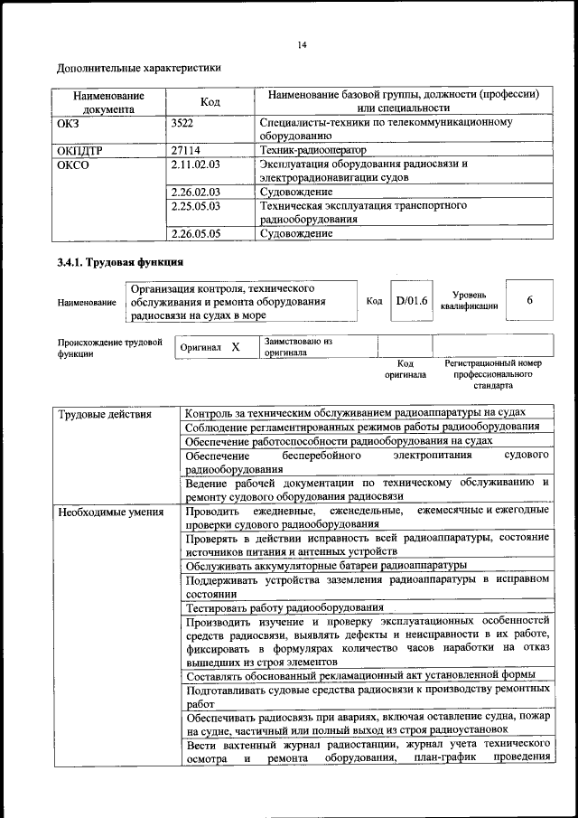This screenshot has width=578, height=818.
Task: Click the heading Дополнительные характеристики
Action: [x=138, y=68]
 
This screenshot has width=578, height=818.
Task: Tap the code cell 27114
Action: [x=185, y=150]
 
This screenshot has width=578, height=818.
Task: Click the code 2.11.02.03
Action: [x=195, y=165]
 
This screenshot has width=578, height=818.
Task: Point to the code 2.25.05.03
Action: [x=195, y=206]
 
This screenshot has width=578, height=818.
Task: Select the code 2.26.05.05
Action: [x=195, y=233]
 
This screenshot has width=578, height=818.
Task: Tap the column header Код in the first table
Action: [x=210, y=102]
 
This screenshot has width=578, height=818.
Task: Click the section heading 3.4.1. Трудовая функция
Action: [x=120, y=263]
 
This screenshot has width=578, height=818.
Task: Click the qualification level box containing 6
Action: [x=529, y=301]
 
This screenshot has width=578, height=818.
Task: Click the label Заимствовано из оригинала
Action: [x=299, y=347]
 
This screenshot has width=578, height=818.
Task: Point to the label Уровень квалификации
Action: [x=469, y=300]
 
